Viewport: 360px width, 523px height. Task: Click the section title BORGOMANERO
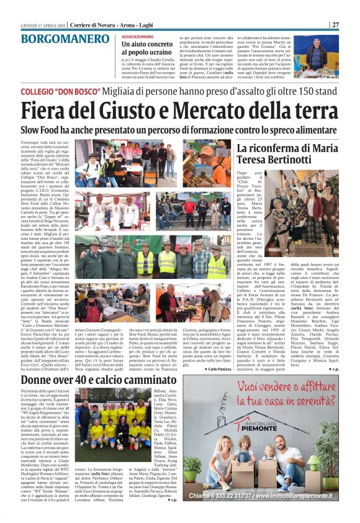click(x=60, y=39)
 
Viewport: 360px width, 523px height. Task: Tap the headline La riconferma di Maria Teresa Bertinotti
click(x=288, y=155)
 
